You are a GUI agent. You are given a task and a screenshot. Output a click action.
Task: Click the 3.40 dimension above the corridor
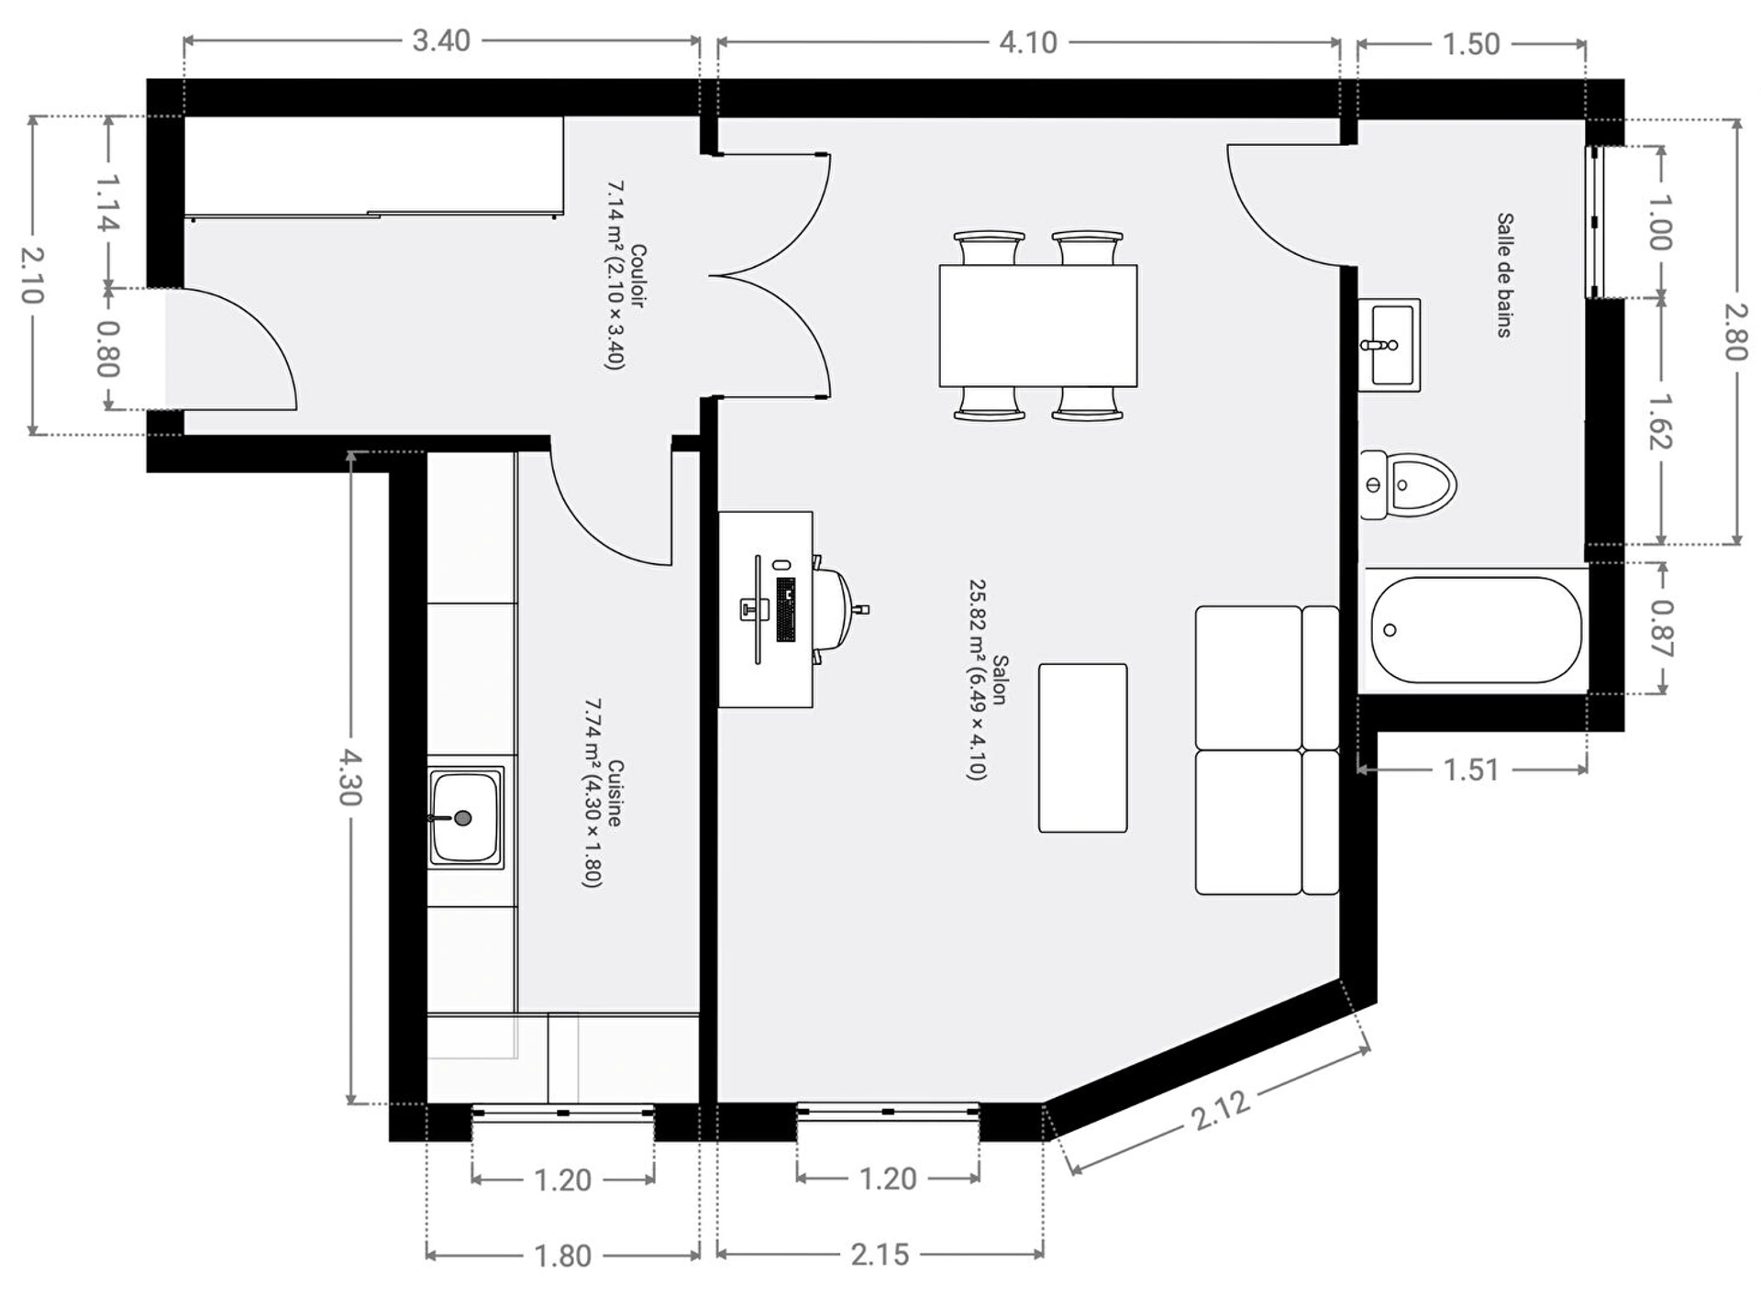tap(441, 41)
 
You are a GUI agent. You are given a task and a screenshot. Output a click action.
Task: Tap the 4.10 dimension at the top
tap(1028, 42)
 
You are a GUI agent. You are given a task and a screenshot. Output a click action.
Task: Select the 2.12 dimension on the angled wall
tap(1221, 1110)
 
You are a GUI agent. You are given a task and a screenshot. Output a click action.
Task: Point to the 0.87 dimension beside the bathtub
tap(1660, 629)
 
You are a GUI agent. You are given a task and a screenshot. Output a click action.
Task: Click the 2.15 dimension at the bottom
tap(880, 1254)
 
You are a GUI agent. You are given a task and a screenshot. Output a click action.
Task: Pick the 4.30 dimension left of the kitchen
tap(349, 777)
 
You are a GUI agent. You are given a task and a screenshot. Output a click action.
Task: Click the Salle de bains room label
tap(1505, 275)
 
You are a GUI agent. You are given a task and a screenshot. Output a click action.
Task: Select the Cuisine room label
tap(615, 793)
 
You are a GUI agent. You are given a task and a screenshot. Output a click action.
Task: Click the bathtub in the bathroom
tap(1476, 629)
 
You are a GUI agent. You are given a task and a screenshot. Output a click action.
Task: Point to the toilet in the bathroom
tap(1408, 484)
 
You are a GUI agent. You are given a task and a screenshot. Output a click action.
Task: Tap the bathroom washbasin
tap(1389, 345)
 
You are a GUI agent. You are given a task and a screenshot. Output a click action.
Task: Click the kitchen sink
tap(466, 817)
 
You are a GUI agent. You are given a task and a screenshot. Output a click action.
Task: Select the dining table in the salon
tap(1038, 326)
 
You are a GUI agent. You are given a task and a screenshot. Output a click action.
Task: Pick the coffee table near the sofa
tap(1082, 748)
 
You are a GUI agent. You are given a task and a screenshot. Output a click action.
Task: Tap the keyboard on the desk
tap(785, 609)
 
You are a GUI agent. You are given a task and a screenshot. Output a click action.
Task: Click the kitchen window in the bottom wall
tap(563, 1113)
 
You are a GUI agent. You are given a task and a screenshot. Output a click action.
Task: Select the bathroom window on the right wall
tap(1596, 222)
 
